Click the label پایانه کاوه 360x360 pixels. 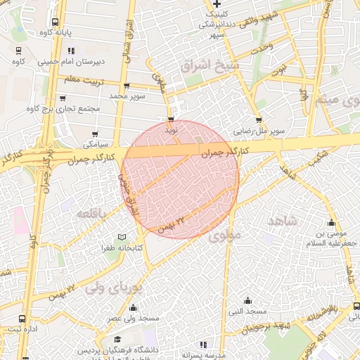37,32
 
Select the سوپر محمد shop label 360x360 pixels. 127,94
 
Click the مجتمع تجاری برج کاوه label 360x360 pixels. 63,109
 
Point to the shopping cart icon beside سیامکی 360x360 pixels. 96,134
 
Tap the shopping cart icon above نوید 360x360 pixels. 171,120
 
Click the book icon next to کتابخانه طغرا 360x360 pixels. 122,237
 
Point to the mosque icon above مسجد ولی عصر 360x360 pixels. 134,307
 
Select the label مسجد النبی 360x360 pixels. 246,311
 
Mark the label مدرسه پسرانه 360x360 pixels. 202,355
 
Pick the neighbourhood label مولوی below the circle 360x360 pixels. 224,236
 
